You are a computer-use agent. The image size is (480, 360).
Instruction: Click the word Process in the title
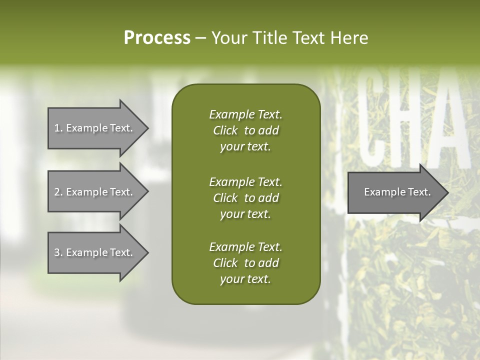click(157, 38)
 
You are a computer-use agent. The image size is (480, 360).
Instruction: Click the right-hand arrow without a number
click(395, 192)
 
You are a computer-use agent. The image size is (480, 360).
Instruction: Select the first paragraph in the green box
click(245, 130)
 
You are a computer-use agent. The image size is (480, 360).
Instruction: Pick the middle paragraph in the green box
click(245, 197)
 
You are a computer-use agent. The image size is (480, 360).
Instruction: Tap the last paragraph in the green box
click(245, 263)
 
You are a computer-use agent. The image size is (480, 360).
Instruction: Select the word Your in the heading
click(228, 38)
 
